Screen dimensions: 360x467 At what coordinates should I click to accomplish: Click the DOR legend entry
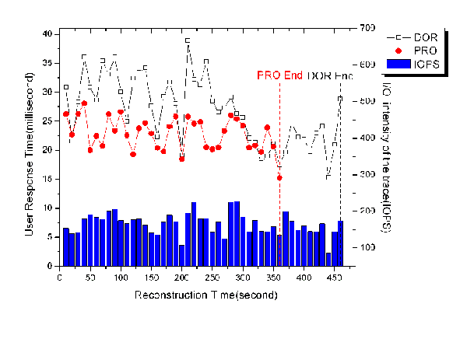tap(417, 37)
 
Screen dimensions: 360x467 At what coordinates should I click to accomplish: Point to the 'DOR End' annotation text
tap(330, 76)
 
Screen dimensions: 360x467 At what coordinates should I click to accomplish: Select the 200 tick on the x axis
tap(182, 278)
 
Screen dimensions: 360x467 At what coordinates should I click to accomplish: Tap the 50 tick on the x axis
tap(91, 278)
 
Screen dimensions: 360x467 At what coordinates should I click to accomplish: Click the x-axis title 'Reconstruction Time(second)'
tap(206, 296)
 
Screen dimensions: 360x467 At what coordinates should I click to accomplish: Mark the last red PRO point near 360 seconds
tap(279, 178)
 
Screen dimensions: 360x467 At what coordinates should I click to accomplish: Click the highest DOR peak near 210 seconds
tap(188, 40)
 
